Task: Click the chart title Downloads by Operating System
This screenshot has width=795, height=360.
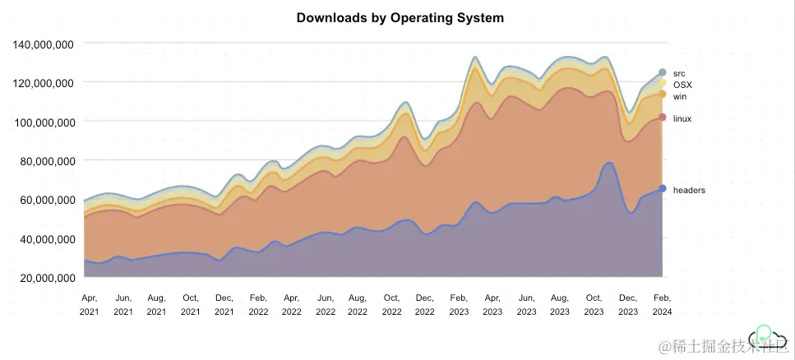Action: (400, 17)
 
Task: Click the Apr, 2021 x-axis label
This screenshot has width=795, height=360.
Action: (89, 304)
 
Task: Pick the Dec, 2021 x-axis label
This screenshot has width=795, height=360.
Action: (224, 304)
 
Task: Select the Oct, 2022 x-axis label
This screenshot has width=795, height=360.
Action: (391, 304)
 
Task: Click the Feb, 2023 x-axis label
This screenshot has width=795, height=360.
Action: (459, 304)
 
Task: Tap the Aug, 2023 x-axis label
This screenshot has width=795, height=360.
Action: (560, 304)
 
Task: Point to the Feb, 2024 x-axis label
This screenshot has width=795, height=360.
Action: (661, 304)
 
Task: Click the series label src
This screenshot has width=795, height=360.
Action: (678, 73)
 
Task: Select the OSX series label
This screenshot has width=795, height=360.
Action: (682, 85)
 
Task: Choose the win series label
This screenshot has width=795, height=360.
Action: (679, 96)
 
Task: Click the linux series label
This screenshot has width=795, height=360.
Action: (682, 118)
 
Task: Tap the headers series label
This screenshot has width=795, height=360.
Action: (688, 190)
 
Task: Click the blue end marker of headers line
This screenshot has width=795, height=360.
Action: (662, 189)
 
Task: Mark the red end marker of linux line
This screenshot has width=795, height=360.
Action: (662, 118)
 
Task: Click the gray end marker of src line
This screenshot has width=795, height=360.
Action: (662, 72)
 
